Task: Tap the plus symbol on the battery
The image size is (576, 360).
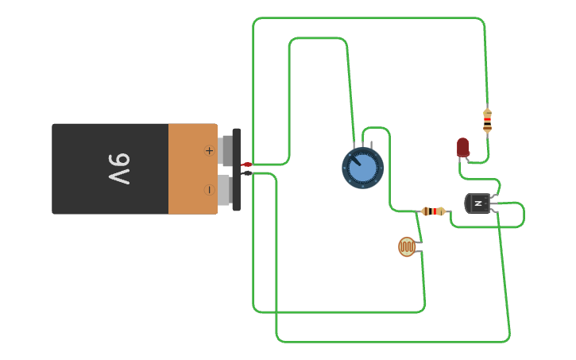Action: click(x=210, y=150)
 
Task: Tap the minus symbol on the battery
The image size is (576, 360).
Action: click(x=209, y=189)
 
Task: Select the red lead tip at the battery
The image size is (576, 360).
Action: click(x=246, y=165)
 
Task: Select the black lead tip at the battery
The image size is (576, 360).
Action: click(x=247, y=172)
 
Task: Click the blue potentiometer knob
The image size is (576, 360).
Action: click(x=363, y=168)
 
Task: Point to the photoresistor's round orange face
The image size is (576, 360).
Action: click(x=407, y=247)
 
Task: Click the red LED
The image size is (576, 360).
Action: click(x=462, y=147)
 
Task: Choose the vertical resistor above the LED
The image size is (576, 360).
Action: click(x=487, y=120)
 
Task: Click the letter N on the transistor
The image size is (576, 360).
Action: click(x=478, y=204)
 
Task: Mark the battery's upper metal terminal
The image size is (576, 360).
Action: click(x=226, y=149)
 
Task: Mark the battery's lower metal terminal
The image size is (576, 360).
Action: click(x=225, y=189)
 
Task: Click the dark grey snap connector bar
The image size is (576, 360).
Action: click(x=236, y=169)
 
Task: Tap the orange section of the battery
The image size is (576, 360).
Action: click(x=192, y=168)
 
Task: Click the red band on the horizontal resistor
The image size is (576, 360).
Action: click(x=435, y=211)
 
